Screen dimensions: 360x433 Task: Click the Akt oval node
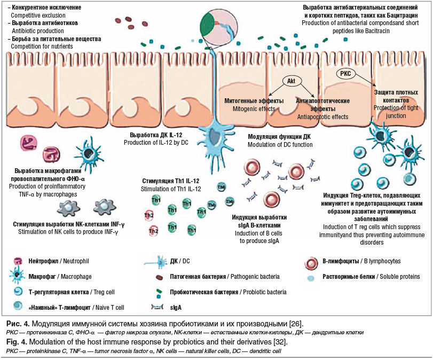[x=291, y=81]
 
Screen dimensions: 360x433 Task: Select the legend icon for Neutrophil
[x=20, y=261]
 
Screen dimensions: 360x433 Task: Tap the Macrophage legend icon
[x=20, y=277]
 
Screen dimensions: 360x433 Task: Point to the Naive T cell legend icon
[x=20, y=307]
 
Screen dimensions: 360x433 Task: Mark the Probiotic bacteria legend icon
[x=159, y=292]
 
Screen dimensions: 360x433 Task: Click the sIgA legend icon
[x=158, y=308]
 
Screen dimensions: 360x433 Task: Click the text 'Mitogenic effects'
[x=254, y=109]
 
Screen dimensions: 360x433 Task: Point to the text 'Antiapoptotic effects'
[x=322, y=116]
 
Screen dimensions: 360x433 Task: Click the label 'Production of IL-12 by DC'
[x=155, y=143]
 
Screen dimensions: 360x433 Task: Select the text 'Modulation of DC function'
[x=280, y=144]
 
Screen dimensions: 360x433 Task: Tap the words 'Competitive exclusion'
[x=38, y=16]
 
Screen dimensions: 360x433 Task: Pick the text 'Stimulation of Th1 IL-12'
[x=171, y=189]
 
